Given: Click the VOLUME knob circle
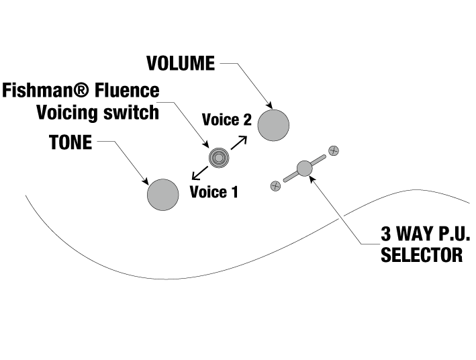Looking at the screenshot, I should pos(273,124).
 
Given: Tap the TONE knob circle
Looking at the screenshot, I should pos(163,195).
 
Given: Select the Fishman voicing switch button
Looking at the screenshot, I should pos(218,158).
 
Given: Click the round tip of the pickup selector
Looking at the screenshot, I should pos(305,168).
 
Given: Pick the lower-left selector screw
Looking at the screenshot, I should pos(275,185).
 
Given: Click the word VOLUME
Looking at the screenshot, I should pos(181,64).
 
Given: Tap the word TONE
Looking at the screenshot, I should pos(70,143).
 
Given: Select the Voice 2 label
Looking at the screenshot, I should pos(227,120).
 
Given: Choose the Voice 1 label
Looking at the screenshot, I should pos(213,193).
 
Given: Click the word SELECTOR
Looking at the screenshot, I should pos(422,255).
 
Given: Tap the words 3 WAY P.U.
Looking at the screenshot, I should pos(426,235).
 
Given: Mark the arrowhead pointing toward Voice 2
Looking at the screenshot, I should pos(244,138).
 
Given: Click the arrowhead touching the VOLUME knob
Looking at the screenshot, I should pos(269,105).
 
